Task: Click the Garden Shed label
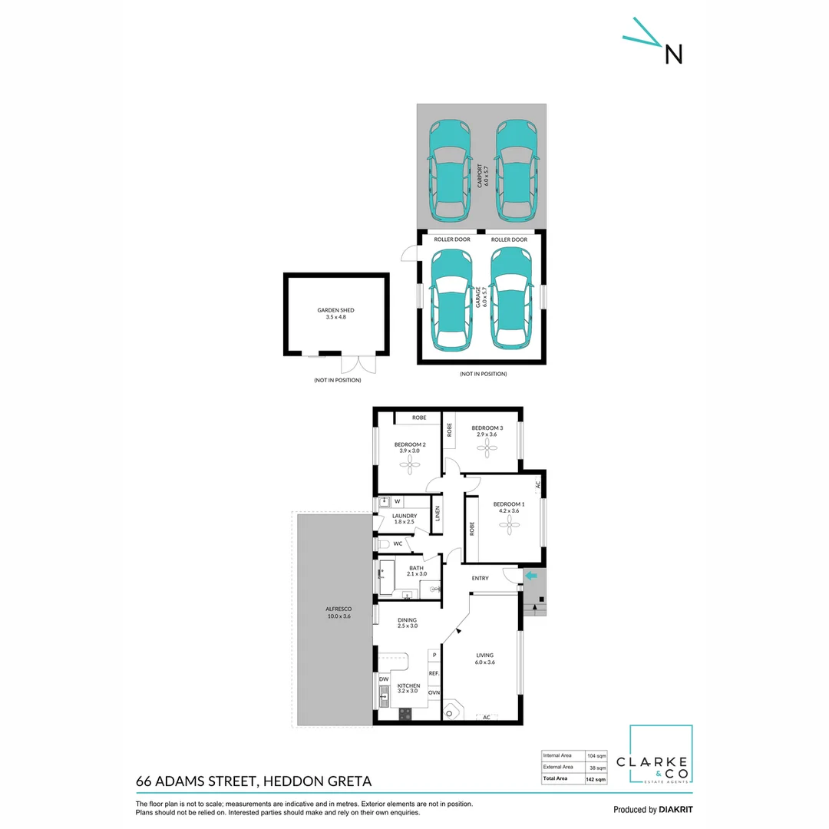point(335,313)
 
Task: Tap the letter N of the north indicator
point(673,54)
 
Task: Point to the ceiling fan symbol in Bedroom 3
point(487,446)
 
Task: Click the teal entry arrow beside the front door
point(530,576)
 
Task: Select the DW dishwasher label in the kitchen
point(384,679)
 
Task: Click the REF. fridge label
point(434,673)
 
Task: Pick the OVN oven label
point(434,692)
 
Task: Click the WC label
point(398,543)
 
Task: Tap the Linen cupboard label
point(438,514)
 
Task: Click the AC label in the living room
point(486,717)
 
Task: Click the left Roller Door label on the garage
point(452,239)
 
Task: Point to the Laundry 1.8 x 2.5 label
point(404,519)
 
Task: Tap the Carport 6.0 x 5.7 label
point(481,176)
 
